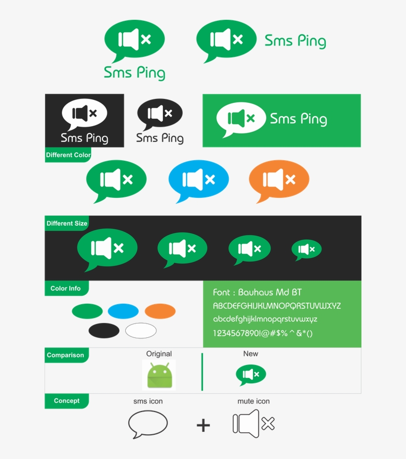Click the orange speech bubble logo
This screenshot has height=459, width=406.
(x=279, y=179)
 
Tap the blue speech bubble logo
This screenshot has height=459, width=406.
(x=198, y=179)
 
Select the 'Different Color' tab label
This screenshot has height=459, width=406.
(x=68, y=155)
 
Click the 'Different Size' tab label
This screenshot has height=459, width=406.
(x=67, y=223)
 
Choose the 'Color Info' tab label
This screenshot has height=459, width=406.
(x=65, y=288)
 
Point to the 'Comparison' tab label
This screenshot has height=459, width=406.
(x=65, y=355)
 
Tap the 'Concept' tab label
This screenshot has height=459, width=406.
(x=66, y=401)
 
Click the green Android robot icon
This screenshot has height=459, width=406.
(x=159, y=375)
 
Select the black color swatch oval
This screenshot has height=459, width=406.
(x=104, y=330)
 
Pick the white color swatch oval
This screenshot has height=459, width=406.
(x=141, y=330)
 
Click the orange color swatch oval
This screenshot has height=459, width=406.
(x=160, y=311)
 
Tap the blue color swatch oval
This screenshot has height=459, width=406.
(x=123, y=311)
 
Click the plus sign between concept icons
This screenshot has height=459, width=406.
(x=203, y=425)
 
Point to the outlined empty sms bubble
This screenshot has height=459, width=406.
(x=148, y=424)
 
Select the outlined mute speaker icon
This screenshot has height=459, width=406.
(x=253, y=424)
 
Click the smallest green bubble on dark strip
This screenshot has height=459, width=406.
(x=306, y=249)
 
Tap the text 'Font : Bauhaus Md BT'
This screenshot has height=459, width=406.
(x=257, y=292)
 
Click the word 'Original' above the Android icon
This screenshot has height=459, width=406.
(x=159, y=354)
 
